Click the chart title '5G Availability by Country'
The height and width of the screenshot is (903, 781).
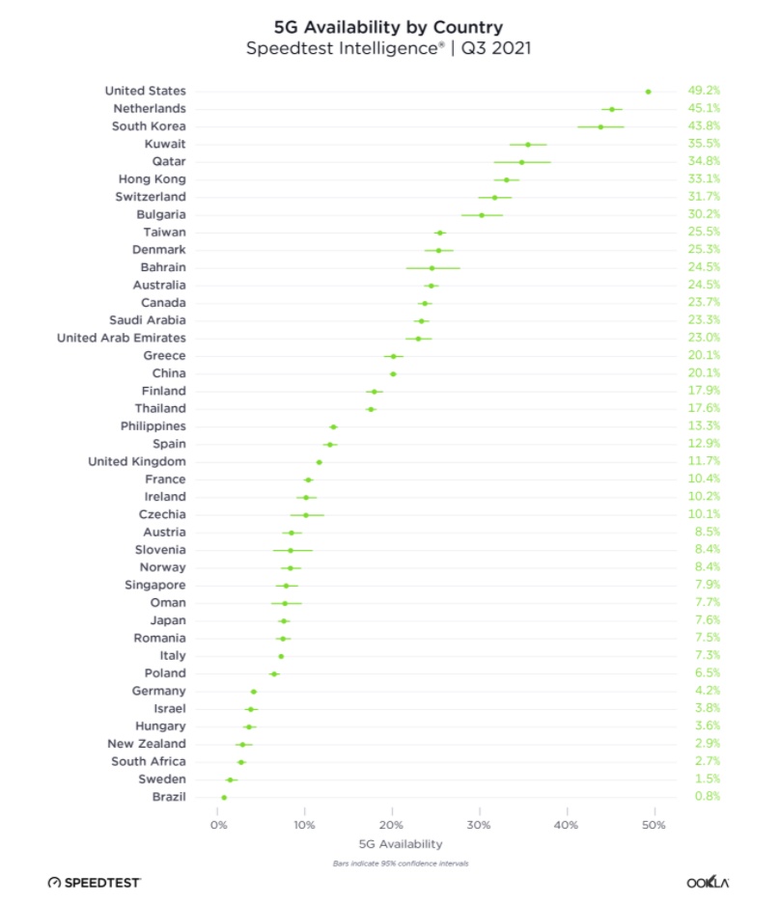(x=390, y=26)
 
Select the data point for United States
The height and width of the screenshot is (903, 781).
(x=648, y=92)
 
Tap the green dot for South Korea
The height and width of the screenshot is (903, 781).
(x=600, y=126)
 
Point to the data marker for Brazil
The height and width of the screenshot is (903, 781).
(x=224, y=797)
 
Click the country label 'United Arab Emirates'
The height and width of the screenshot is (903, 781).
(x=122, y=338)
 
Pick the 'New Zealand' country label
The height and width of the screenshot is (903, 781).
(x=147, y=744)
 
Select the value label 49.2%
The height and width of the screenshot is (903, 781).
(x=704, y=92)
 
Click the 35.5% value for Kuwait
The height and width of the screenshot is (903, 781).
(x=704, y=144)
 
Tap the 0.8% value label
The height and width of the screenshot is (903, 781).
(x=706, y=797)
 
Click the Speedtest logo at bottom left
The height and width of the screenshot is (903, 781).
(x=94, y=882)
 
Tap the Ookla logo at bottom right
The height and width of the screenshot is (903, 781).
(x=708, y=882)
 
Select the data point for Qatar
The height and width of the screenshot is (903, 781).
(x=522, y=162)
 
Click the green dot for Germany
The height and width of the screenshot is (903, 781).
(x=254, y=692)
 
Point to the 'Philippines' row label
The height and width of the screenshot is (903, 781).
(x=153, y=425)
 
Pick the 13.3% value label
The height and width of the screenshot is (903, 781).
(x=704, y=425)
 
